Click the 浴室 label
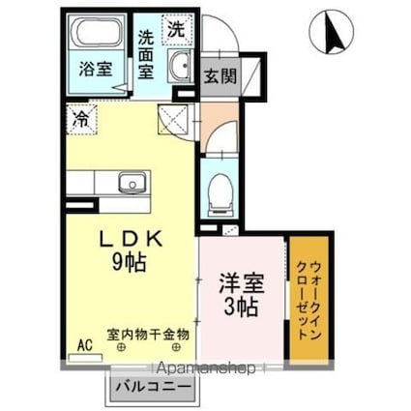pyautogui.click(x=98, y=70)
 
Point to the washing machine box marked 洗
pyautogui.click(x=176, y=29)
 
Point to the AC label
pyautogui.click(x=83, y=345)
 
